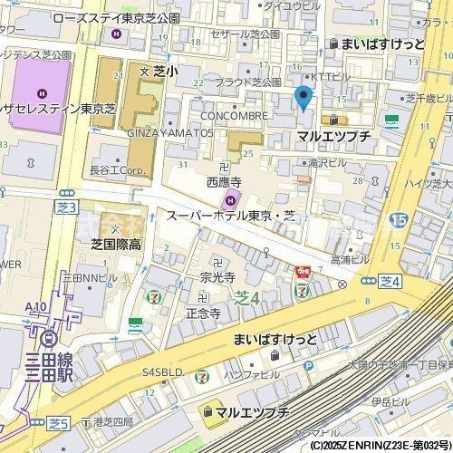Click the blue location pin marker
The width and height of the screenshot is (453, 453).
tap(304, 97)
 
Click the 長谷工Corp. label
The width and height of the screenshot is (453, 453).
tap(119, 169)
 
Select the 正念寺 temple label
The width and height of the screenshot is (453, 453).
tap(203, 313)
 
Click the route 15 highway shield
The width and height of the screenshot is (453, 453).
tap(397, 220)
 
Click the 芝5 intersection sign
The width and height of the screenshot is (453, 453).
tap(60, 422)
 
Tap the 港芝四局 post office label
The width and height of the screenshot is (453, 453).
tap(113, 422)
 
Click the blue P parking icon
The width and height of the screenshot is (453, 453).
tap(309, 366)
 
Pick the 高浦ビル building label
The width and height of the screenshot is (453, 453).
tap(350, 260)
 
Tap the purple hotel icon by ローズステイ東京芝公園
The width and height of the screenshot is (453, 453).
tap(115, 34)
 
